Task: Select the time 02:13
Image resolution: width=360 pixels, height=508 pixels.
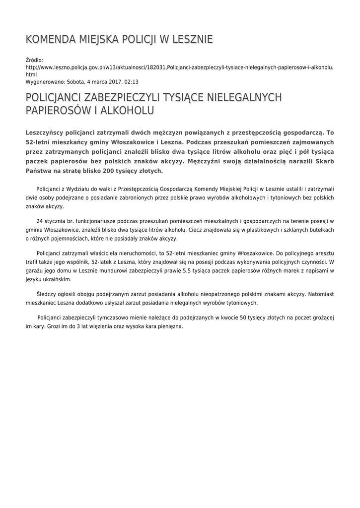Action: (x=131, y=82)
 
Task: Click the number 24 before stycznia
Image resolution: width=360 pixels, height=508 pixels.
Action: (x=40, y=221)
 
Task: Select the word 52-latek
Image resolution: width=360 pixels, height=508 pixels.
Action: (x=102, y=261)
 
